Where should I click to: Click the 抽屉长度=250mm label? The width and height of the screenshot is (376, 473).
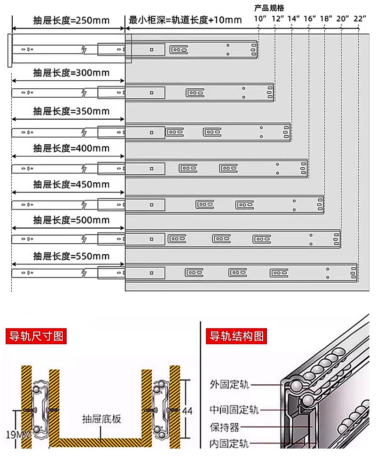tap(71, 20)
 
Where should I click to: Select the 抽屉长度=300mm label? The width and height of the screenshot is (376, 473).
tap(71, 73)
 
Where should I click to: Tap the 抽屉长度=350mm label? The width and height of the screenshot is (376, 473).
tap(71, 111)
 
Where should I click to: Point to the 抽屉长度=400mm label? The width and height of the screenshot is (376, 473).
tap(71, 148)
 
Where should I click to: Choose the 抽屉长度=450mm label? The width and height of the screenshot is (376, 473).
tap(71, 184)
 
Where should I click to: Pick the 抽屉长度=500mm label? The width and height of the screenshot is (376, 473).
tap(71, 220)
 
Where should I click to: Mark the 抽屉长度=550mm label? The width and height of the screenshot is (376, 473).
tap(71, 256)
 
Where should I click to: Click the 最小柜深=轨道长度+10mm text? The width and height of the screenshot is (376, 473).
tap(185, 20)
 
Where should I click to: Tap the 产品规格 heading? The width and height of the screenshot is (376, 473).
tap(270, 8)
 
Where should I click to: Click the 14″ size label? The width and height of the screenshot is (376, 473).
tap(293, 18)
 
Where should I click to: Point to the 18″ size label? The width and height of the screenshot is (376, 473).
tap(326, 18)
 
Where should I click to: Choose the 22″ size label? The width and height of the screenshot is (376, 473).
tap(360, 18)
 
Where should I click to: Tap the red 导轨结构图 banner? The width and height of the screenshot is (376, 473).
tap(237, 336)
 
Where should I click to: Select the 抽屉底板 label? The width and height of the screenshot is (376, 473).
tap(101, 418)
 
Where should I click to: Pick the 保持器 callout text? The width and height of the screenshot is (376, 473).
tap(225, 427)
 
